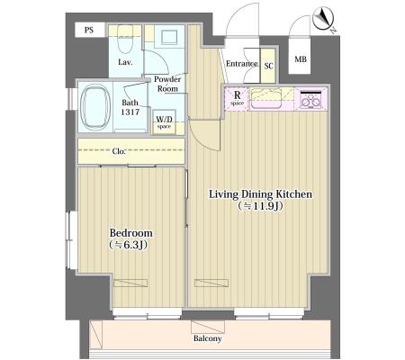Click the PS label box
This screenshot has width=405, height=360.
pyautogui.click(x=90, y=30)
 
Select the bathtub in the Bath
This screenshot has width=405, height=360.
pyautogui.click(x=95, y=107)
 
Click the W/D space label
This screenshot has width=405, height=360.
pyautogui.click(x=164, y=122)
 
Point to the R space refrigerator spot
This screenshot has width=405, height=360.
pyautogui.click(x=237, y=99)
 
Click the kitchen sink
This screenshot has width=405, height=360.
pyautogui.click(x=266, y=99)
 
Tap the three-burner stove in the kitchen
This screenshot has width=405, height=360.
pyautogui.click(x=311, y=99)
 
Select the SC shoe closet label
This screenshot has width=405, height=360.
pyautogui.click(x=268, y=66)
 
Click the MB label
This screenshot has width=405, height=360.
pyautogui.click(x=301, y=59)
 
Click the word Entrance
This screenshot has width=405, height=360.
pyautogui.click(x=242, y=64)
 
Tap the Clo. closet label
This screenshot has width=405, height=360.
pyautogui.click(x=119, y=151)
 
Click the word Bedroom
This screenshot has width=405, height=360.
pyautogui.click(x=130, y=233)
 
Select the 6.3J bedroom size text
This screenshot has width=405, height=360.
pyautogui.click(x=128, y=245)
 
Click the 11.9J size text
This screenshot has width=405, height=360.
pyautogui.click(x=260, y=206)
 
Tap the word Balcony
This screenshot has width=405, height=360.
pyautogui.click(x=208, y=338)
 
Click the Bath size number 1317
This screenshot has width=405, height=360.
pyautogui.click(x=130, y=112)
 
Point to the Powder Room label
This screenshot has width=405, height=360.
pyautogui.click(x=167, y=84)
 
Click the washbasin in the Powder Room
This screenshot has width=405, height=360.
pyautogui.click(x=169, y=38)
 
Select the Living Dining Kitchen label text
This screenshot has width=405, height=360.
pyautogui.click(x=260, y=194)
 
